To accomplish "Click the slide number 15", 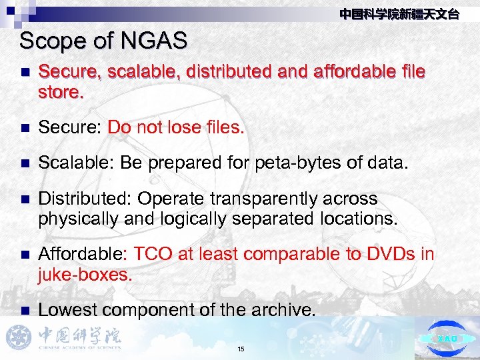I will click(x=241, y=349).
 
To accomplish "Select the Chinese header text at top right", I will click(x=399, y=14).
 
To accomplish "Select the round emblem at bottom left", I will click(x=19, y=337).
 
